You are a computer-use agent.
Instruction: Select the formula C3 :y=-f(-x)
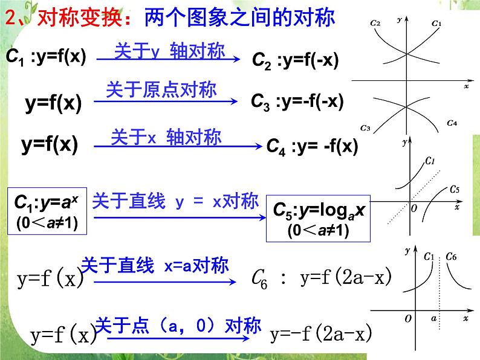[x=297, y=101]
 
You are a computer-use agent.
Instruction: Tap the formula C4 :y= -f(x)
[x=313, y=146]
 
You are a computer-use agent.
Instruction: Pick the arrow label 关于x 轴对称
[x=166, y=136]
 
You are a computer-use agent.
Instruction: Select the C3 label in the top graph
[x=365, y=127]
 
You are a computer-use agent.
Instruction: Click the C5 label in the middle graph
[x=455, y=190]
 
